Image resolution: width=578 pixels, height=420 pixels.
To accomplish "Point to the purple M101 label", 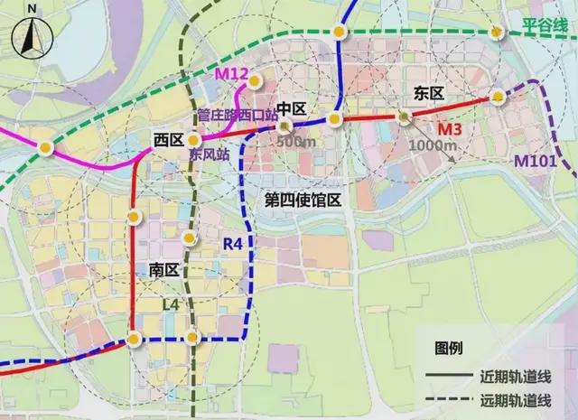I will pos(535,161).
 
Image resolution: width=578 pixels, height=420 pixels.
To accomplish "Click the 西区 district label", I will pos(168,139).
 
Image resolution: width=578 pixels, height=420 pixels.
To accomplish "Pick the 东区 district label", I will pos(429,92).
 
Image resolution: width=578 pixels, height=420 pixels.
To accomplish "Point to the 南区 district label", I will pos(154,269).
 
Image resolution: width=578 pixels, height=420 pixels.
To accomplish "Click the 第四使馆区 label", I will pos(301,199).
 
